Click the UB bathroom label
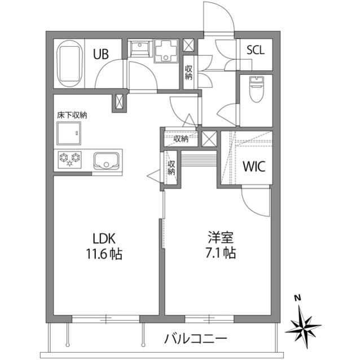[x=102, y=55]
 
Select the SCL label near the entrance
[x=255, y=49]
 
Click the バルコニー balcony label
[x=196, y=339]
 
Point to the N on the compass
[x=297, y=299]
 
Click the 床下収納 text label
[x=72, y=114]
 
